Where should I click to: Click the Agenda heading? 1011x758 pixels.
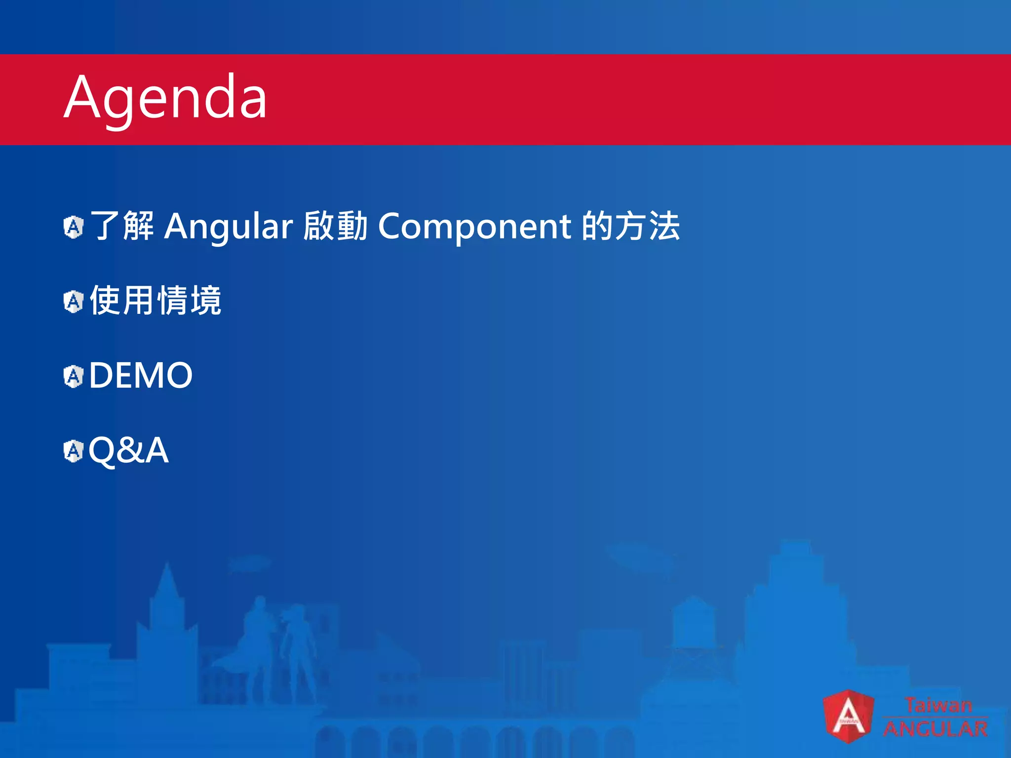coord(166,98)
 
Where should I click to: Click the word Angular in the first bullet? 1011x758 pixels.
coord(229,227)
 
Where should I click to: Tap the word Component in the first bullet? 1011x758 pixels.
coord(474,227)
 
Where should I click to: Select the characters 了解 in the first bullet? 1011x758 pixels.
coord(122,226)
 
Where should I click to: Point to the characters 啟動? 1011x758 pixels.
coord(335,226)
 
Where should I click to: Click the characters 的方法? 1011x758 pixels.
coord(631,226)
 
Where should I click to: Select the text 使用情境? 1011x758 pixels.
coord(156,301)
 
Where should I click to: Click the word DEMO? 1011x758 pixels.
coord(141,376)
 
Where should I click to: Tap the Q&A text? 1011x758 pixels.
coord(128,450)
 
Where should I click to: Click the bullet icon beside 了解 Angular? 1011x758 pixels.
coord(74,227)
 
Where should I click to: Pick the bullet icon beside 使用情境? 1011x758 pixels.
coord(74,302)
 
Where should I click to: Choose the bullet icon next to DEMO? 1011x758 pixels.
coord(74,377)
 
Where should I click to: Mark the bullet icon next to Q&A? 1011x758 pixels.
coord(74,451)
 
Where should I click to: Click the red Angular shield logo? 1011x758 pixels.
coord(848,716)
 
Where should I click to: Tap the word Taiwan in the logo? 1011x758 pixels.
coord(938,705)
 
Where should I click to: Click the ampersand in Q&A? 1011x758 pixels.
coord(129,450)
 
